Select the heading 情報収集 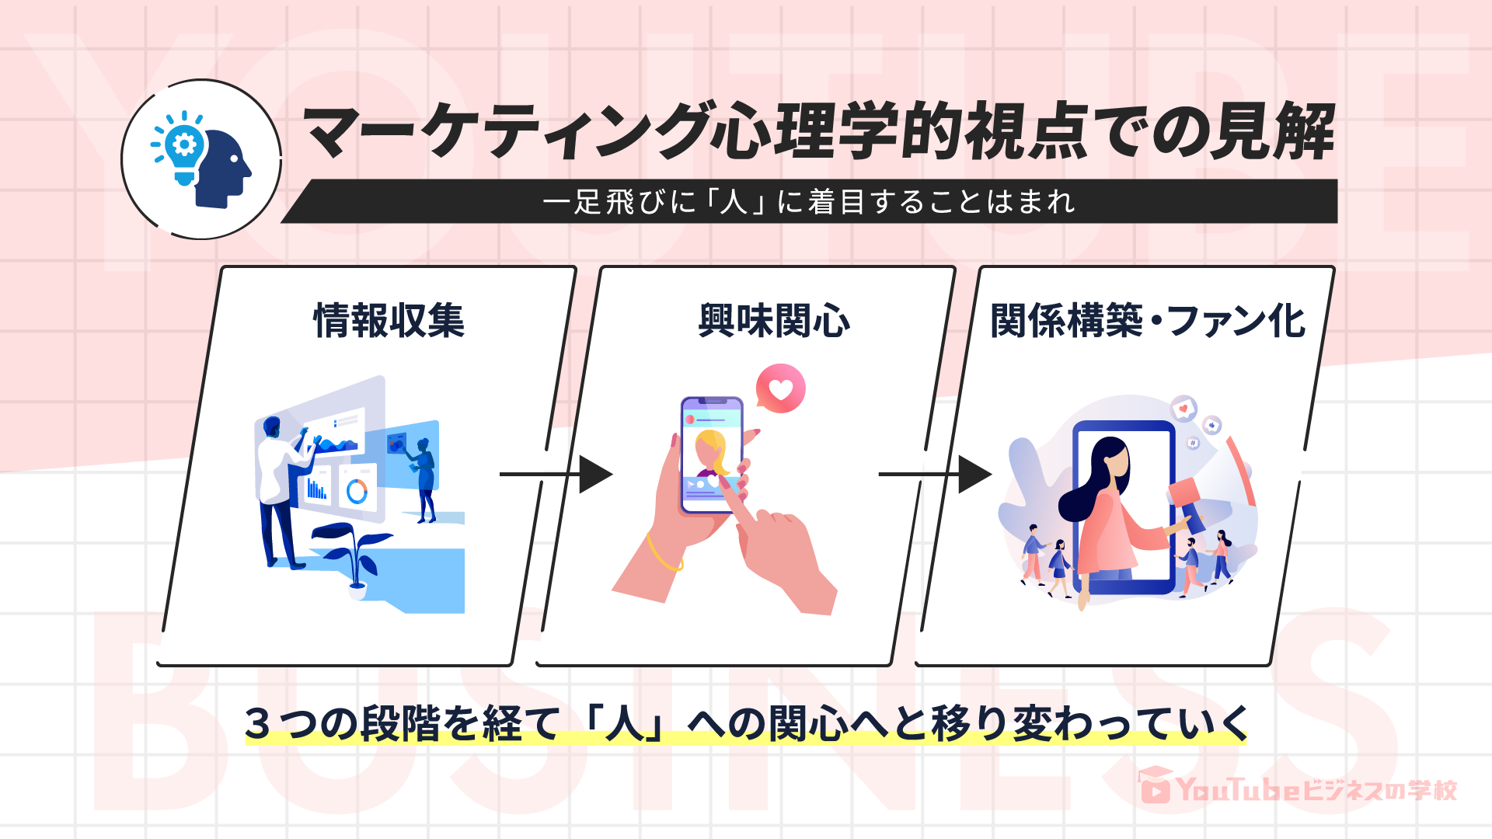(x=389, y=320)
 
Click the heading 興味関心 (x=774, y=320)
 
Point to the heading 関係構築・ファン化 (x=1147, y=320)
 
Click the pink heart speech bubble (x=780, y=388)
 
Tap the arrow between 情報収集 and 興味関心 (x=556, y=474)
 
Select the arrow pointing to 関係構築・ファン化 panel (x=936, y=474)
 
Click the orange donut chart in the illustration (x=357, y=491)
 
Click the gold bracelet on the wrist (x=662, y=553)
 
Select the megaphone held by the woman (x=1187, y=503)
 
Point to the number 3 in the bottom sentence (x=257, y=722)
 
